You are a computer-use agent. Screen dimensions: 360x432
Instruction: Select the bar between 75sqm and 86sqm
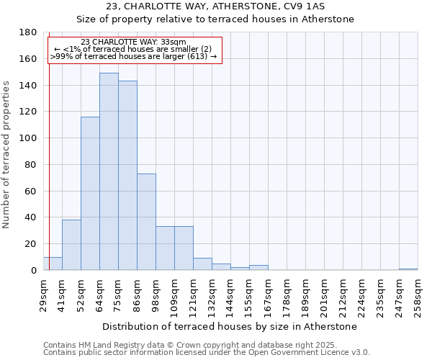[127, 176]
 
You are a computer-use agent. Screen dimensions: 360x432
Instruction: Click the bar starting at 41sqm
[71, 245]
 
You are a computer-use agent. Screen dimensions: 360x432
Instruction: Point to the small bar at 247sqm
[408, 269]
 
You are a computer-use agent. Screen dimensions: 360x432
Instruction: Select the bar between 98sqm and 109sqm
[165, 248]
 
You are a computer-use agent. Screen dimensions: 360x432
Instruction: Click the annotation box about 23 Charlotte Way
[133, 50]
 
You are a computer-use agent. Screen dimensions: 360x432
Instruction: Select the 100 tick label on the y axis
[30, 138]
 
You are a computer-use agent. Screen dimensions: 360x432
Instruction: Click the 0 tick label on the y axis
[34, 271]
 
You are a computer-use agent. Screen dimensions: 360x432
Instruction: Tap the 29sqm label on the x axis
[43, 294]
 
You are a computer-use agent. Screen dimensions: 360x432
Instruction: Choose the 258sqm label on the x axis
[418, 294]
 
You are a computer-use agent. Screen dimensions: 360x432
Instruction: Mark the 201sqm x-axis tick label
[324, 294]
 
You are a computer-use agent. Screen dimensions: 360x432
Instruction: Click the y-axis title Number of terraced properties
[6, 155]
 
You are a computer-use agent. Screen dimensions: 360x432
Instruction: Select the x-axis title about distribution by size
[230, 327]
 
